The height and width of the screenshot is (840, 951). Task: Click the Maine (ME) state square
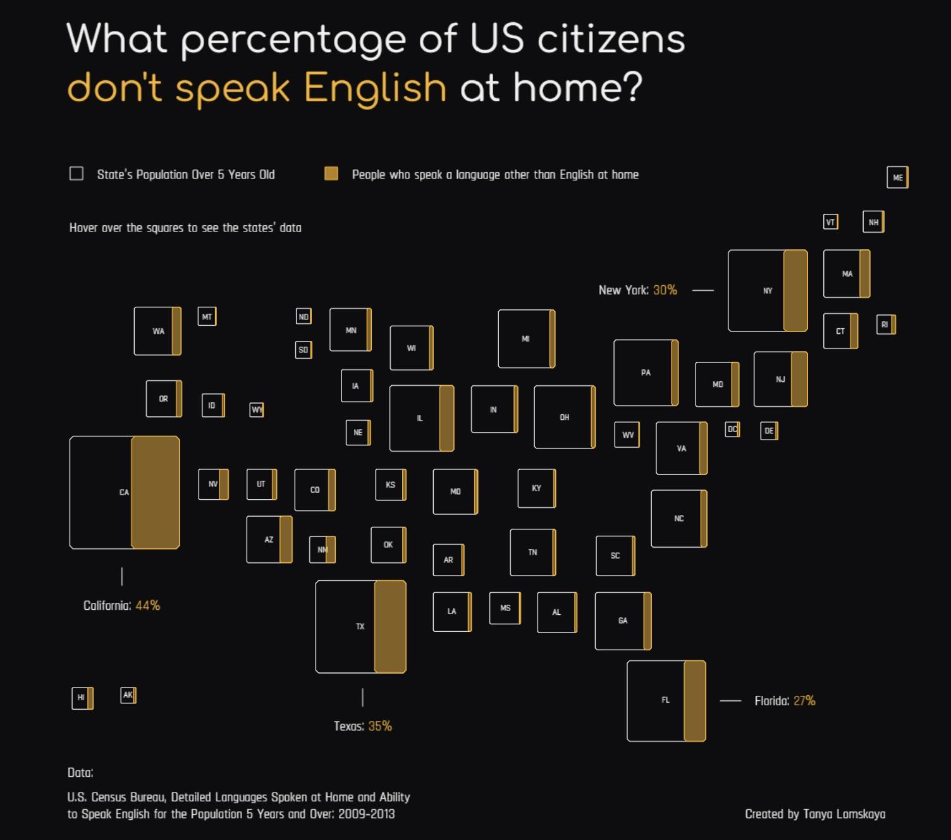[897, 177]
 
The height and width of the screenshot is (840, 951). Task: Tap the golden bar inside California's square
[156, 492]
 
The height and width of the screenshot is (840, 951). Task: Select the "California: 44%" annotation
[121, 605]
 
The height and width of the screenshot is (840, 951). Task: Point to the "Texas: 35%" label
[362, 726]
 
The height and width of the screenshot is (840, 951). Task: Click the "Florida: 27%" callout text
[784, 701]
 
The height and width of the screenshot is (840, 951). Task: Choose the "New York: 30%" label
[637, 290]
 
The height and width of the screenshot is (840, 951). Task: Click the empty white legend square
[77, 173]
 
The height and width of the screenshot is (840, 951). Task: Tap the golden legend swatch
[331, 173]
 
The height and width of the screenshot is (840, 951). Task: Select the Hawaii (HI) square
[82, 698]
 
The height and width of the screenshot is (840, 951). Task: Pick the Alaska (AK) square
[128, 695]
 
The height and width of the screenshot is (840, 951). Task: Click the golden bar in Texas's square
[390, 626]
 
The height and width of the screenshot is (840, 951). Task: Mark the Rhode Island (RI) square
[885, 324]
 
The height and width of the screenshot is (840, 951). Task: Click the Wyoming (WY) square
[257, 410]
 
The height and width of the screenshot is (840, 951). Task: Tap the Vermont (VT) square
[831, 222]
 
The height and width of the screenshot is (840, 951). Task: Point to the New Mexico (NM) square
[322, 549]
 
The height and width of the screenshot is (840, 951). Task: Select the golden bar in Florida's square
[694, 700]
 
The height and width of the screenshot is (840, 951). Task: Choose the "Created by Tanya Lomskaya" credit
[815, 814]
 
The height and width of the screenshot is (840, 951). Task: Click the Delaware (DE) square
[769, 431]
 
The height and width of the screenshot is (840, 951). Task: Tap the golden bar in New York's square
[795, 290]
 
